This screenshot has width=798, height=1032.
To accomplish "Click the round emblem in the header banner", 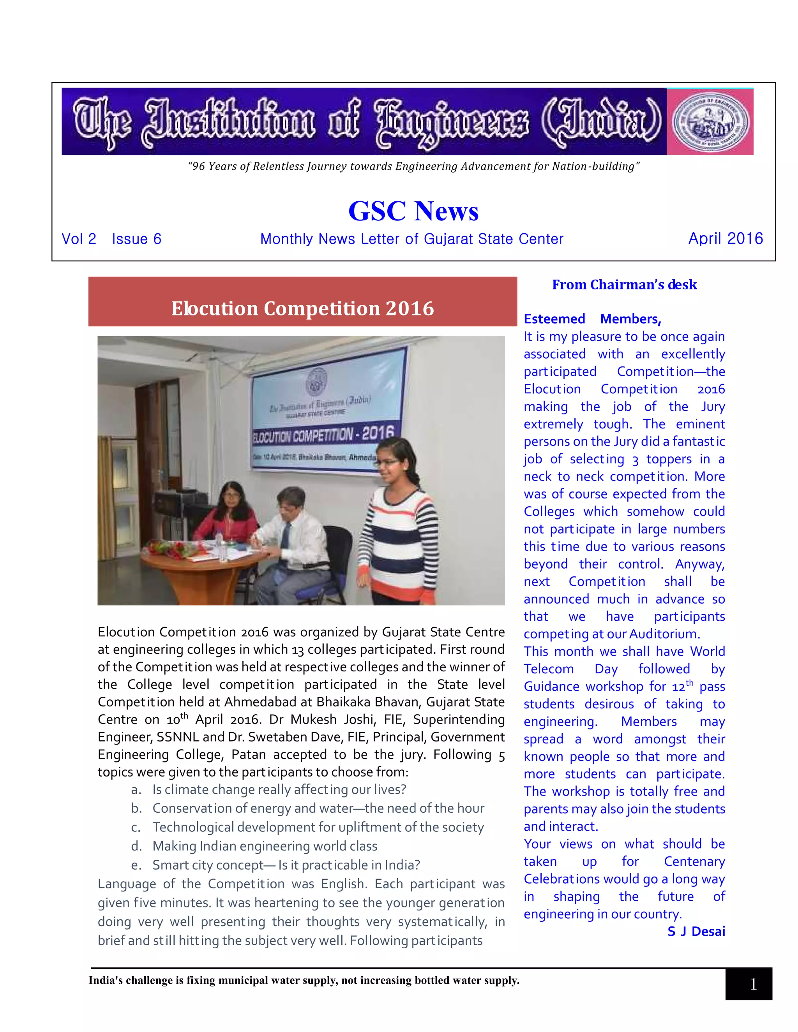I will click(710, 122).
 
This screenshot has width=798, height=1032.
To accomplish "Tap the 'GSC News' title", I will click(413, 211).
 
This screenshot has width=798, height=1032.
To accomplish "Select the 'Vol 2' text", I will click(79, 239).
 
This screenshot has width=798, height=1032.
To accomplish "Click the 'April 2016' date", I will click(725, 239).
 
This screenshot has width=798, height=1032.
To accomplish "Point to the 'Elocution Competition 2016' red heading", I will click(302, 308).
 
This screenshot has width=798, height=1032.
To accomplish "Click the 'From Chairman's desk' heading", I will click(624, 285).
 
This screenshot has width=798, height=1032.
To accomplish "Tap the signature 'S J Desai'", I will click(696, 932).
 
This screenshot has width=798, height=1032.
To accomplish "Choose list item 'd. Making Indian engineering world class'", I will click(265, 846).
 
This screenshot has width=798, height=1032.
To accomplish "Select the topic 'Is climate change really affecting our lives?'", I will click(279, 790).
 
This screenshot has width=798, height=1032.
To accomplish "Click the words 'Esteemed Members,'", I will click(592, 319).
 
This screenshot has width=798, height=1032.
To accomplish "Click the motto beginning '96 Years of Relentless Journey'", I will click(413, 166).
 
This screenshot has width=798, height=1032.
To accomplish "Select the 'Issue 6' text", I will click(137, 239).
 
